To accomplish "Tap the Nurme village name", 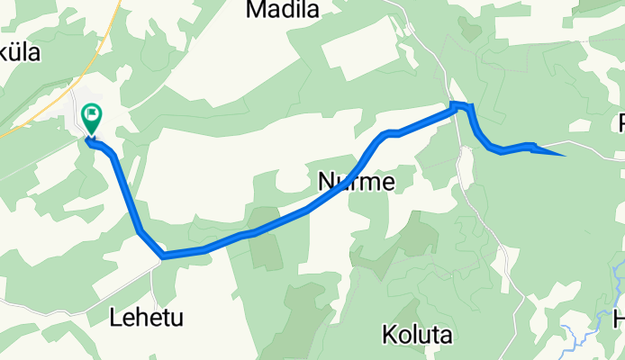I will pyautogui.click(x=357, y=183).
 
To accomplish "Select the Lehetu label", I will pyautogui.click(x=145, y=317).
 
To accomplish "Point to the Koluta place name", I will pyautogui.click(x=416, y=336).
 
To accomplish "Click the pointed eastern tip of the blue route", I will pyautogui.click(x=563, y=155).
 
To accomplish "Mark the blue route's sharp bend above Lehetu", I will pyautogui.click(x=163, y=256).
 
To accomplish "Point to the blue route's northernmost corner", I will pyautogui.click(x=457, y=106).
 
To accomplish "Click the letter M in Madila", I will pyautogui.click(x=255, y=10).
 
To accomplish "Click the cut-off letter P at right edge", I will pyautogui.click(x=621, y=123).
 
